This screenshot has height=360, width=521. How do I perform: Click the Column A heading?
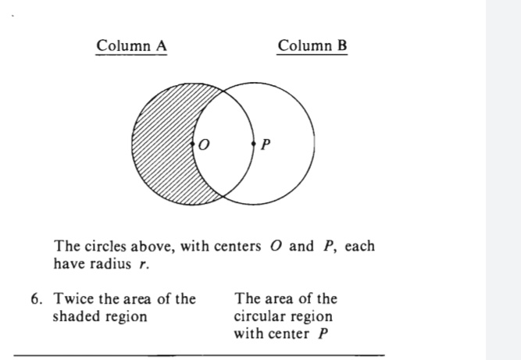coord(131,46)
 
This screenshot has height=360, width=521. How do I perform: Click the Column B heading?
coord(312,46)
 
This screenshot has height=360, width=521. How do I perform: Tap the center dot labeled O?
coord(192,144)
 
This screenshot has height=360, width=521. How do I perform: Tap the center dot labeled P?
coord(254,144)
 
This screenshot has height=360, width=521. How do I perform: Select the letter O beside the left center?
coord(204,144)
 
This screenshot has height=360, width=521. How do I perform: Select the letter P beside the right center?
coord(266,144)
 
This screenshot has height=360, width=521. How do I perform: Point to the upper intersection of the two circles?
coord(223,91)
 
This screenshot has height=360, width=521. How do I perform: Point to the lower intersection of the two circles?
coord(223,197)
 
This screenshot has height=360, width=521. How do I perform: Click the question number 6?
coord(36,299)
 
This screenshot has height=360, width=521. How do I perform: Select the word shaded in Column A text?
coord(71,316)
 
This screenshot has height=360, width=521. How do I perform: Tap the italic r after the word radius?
coord(143,265)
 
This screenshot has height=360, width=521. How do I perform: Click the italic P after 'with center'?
coord(323,333)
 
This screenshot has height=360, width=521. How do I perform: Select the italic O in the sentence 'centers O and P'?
coord(276,246)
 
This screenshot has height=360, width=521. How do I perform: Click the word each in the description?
coord(359,246)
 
